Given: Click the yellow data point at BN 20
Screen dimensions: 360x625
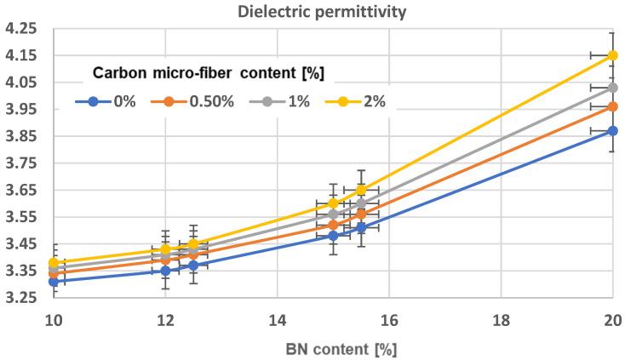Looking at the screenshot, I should (612, 55).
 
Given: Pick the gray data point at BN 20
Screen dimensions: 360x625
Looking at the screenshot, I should (612, 87).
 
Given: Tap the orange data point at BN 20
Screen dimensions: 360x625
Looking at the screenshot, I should (612, 106).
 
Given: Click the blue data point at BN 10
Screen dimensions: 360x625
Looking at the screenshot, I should (53, 281).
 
